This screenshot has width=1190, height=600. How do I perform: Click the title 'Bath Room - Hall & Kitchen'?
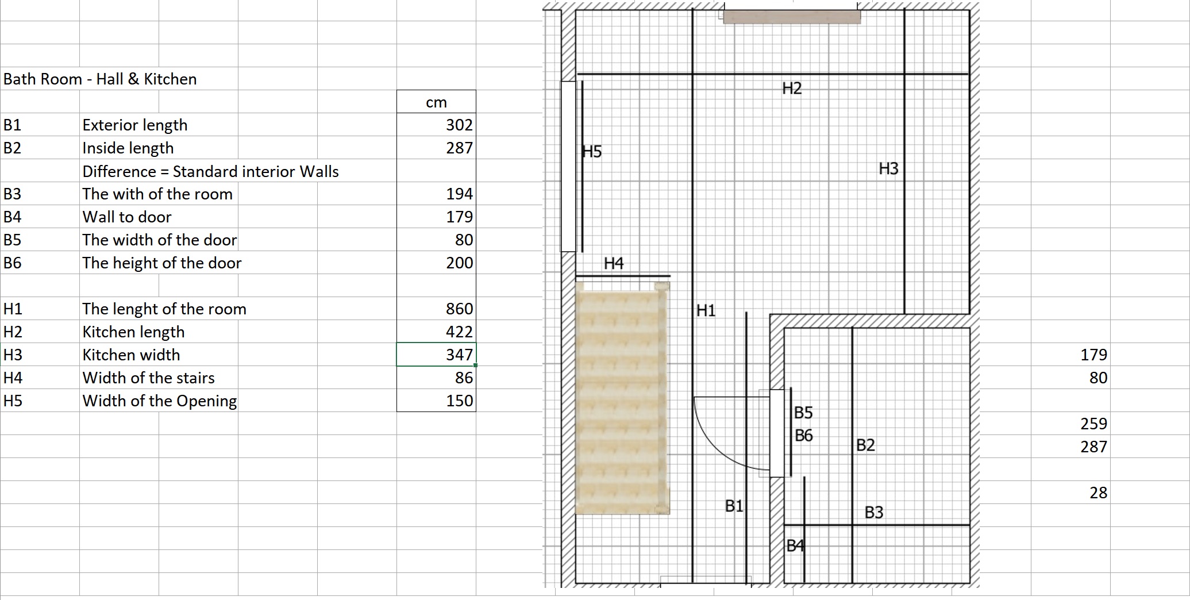pyautogui.click(x=100, y=79)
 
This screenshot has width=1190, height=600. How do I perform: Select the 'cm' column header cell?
pyautogui.click(x=436, y=102)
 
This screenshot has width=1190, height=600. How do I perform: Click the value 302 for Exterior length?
pyautogui.click(x=459, y=125)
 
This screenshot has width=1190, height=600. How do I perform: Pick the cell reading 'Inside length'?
pyautogui.click(x=128, y=148)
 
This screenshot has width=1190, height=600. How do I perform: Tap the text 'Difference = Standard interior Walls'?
pyautogui.click(x=210, y=171)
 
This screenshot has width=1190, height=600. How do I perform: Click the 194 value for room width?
pyautogui.click(x=459, y=194)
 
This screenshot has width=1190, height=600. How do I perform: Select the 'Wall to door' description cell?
pyautogui.click(x=127, y=217)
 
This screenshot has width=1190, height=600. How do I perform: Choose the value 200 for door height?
pyautogui.click(x=459, y=263)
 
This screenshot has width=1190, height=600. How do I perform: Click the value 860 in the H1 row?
pyautogui.click(x=459, y=309)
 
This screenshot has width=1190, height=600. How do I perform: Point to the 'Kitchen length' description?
pyautogui.click(x=133, y=332)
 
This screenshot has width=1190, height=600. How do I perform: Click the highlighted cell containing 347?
pyautogui.click(x=436, y=354)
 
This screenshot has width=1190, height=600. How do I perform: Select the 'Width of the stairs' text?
pyautogui.click(x=148, y=378)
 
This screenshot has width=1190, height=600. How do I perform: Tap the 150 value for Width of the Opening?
pyautogui.click(x=459, y=401)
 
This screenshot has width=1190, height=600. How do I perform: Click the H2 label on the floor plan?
pyautogui.click(x=792, y=88)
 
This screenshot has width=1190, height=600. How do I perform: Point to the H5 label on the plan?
pyautogui.click(x=592, y=152)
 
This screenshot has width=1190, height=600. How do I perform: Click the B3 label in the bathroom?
pyautogui.click(x=874, y=512)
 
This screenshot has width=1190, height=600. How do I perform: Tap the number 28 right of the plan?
pyautogui.click(x=1098, y=493)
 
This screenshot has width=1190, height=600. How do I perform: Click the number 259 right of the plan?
pyautogui.click(x=1093, y=424)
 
